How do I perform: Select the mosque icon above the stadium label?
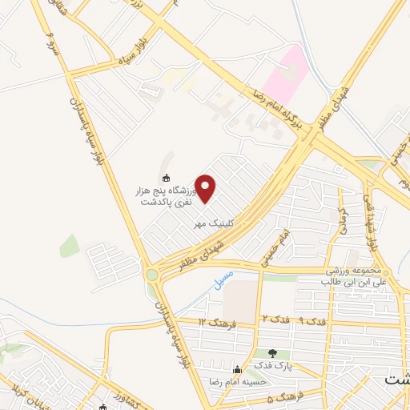point(166,178)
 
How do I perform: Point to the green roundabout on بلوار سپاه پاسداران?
point(152,275)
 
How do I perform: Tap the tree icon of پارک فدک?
point(274,353)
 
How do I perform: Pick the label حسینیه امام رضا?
point(236,383)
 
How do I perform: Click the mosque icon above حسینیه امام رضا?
point(236,370)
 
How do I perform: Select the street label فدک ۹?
point(313,320)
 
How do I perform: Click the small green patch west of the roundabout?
point(70,246)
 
